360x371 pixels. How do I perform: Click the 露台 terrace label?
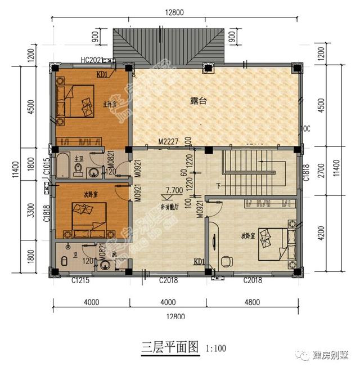coord(198,101)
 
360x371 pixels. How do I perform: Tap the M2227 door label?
coord(168,142)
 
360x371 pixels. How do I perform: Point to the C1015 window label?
coord(47,167)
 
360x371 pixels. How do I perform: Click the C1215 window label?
coord(82,280)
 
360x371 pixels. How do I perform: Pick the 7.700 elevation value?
coord(174,191)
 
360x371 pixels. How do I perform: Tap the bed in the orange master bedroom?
coord(79,101)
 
